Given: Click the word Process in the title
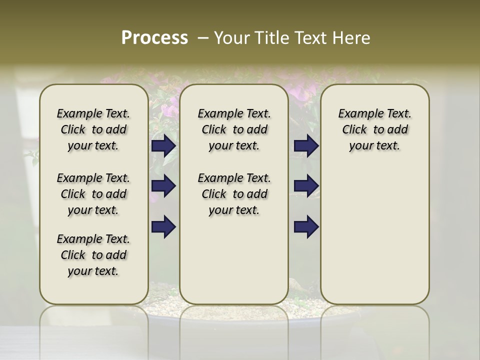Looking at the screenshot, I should coord(154,38).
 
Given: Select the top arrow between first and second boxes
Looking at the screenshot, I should coord(163,146).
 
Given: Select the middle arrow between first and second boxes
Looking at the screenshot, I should coord(163,186).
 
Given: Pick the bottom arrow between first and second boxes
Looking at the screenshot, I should coord(163,226).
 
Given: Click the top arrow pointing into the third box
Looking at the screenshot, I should coord(306,146).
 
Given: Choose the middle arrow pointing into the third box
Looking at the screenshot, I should coord(306,186).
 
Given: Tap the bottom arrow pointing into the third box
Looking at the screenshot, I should coord(306,226).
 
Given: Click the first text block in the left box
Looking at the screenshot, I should coord(93,129).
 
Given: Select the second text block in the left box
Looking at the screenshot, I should coord(93,194).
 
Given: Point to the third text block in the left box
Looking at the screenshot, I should coord(93,255).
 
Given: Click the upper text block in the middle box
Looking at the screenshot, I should coord(234,129).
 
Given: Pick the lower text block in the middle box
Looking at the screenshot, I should coord(234,194).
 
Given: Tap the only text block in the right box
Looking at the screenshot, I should coord(374,129).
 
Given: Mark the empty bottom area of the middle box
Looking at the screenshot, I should coord(234,265).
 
